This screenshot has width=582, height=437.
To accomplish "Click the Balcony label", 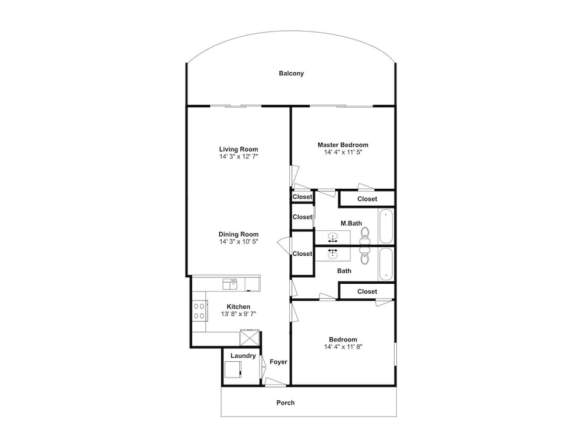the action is pyautogui.click(x=292, y=73).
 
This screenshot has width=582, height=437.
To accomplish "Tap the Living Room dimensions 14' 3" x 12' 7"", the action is pyautogui.click(x=239, y=156).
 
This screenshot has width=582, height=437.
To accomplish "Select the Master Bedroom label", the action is pyautogui.click(x=343, y=145).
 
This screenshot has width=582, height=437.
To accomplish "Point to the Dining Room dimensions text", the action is pyautogui.click(x=239, y=242).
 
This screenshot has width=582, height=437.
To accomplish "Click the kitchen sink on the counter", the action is pyautogui.click(x=230, y=285).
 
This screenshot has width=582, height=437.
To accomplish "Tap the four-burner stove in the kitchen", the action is pyautogui.click(x=199, y=311).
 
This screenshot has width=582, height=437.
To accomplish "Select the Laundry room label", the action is pyautogui.click(x=243, y=356).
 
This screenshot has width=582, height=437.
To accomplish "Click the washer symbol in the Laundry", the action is pyautogui.click(x=233, y=369).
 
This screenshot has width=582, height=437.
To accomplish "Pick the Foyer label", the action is pyautogui.click(x=278, y=362).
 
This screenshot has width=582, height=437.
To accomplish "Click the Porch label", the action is pyautogui.click(x=285, y=403).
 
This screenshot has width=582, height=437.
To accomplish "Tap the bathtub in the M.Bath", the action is pyautogui.click(x=386, y=226).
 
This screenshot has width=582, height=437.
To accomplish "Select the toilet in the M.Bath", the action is pyautogui.click(x=365, y=235).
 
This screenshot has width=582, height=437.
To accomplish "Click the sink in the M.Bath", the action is pyautogui.click(x=332, y=237).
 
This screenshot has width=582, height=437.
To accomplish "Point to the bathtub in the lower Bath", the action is pyautogui.click(x=386, y=264).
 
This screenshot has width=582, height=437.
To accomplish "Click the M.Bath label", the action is pyautogui.click(x=351, y=224).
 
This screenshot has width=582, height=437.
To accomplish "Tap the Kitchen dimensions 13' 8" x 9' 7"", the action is pyautogui.click(x=239, y=314).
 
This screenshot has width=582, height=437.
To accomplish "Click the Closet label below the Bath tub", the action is pyautogui.click(x=367, y=292).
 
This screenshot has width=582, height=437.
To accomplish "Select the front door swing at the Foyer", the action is pyautogui.click(x=275, y=382).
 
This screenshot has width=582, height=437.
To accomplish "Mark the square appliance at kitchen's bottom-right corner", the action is pyautogui.click(x=250, y=338).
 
